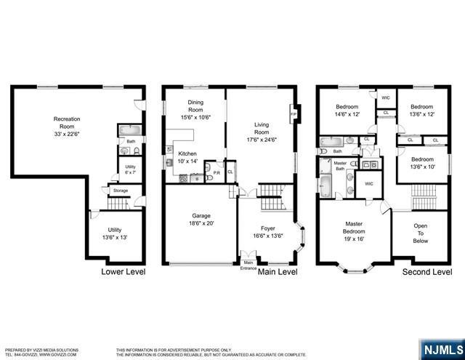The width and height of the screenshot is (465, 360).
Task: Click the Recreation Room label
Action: coord(66,124)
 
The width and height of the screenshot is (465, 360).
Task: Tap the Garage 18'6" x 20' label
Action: coord(201,220)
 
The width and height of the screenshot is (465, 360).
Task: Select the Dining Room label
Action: coord(195,112)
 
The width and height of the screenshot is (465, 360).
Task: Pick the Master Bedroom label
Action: coord(354,231)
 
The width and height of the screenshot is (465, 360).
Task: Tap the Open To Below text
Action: coord(421,233)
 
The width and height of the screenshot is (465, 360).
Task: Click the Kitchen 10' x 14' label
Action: coord(188,158)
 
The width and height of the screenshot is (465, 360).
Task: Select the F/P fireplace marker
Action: coord(293,114)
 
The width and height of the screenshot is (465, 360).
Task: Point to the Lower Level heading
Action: coord(123,272)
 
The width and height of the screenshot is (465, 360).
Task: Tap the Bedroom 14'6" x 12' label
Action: coord(348,110)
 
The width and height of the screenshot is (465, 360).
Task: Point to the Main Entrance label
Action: coord(248,265)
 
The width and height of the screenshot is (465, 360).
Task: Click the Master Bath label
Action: coord(339,166)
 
